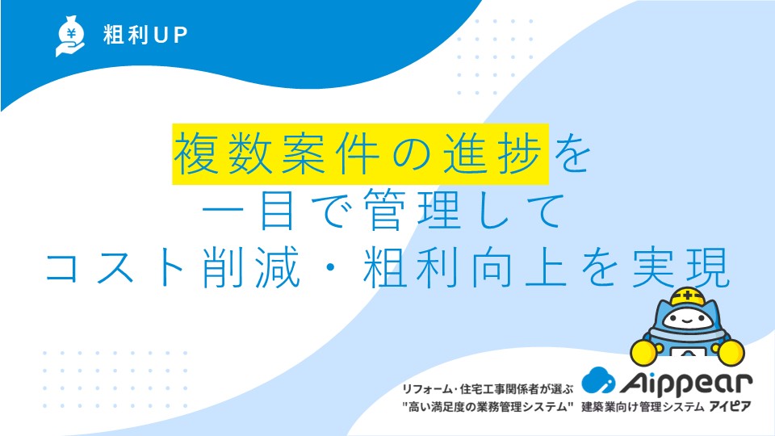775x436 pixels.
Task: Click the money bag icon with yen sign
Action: [x=70, y=36]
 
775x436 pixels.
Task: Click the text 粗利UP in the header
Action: [x=145, y=35]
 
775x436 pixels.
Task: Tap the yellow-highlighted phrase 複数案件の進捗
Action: [x=360, y=153]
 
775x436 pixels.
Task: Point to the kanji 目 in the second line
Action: [x=277, y=211]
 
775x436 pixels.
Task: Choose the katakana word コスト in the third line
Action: [x=115, y=267]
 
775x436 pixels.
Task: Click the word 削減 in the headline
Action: [x=252, y=267]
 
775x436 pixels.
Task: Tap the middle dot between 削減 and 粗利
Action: [x=332, y=268]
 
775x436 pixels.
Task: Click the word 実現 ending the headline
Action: [x=681, y=267]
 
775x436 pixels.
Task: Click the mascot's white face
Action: [x=688, y=320]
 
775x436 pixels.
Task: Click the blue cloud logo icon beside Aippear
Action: [x=598, y=380]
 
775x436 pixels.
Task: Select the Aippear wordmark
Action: [x=686, y=383]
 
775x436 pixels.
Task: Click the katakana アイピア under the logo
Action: [x=730, y=407]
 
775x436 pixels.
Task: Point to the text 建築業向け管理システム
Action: [x=643, y=407]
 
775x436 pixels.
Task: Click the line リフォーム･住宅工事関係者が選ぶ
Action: [x=488, y=389]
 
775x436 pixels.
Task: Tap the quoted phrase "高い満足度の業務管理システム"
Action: [x=488, y=407]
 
